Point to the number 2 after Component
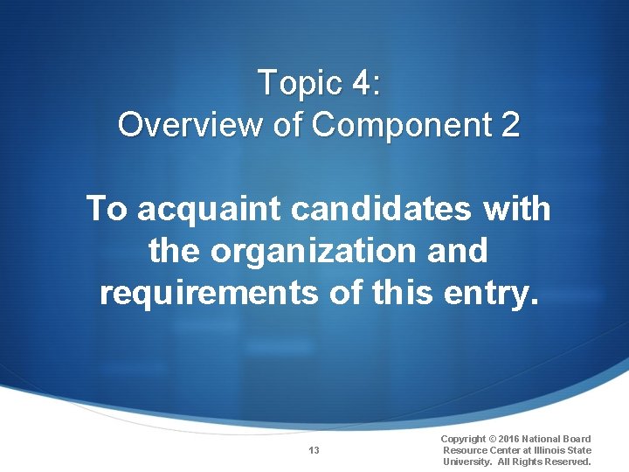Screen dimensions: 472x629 tap(510, 125)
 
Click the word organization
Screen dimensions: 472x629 tap(314, 252)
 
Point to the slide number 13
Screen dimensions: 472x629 tap(314, 450)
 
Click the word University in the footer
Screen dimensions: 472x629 tap(468, 462)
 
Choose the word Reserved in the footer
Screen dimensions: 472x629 tap(566, 462)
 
